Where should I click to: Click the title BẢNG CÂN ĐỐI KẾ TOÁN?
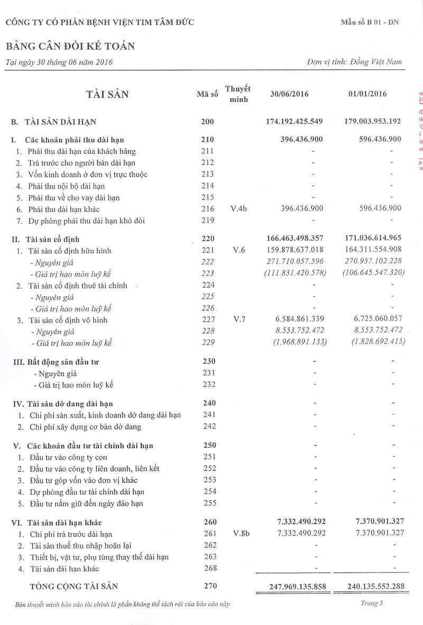[70, 46]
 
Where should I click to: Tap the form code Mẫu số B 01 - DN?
[370, 22]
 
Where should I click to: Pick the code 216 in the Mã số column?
[208, 209]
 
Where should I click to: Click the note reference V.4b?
[239, 209]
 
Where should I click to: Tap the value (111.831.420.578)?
[295, 273]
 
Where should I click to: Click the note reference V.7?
[239, 320]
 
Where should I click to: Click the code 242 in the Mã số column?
[209, 426]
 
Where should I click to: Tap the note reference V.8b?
[241, 534]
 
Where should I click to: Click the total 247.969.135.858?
[293, 586]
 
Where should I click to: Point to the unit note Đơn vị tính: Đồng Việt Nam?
[354, 62]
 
